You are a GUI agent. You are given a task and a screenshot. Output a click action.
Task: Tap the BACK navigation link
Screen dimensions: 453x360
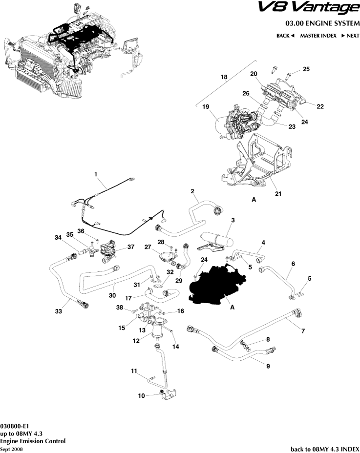tap(285, 36)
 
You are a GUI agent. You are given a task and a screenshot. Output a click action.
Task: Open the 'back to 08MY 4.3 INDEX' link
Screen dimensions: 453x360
tap(325, 449)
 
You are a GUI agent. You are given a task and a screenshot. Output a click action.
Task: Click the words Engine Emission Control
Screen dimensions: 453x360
tap(33, 441)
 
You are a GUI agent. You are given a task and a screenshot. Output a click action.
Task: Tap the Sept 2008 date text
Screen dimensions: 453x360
tap(11, 448)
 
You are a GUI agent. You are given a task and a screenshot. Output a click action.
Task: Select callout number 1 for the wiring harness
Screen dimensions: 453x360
tap(96, 174)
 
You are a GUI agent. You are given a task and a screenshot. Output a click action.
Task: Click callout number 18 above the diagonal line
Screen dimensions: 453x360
tap(224, 77)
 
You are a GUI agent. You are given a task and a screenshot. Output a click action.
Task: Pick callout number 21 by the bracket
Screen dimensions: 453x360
tap(278, 194)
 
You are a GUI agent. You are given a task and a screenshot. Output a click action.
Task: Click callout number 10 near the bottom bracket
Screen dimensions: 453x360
tap(141, 395)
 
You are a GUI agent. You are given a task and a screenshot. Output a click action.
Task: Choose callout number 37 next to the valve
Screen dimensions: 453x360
tap(131, 247)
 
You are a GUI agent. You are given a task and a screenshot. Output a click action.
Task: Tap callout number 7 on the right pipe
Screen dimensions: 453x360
tap(303, 331)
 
